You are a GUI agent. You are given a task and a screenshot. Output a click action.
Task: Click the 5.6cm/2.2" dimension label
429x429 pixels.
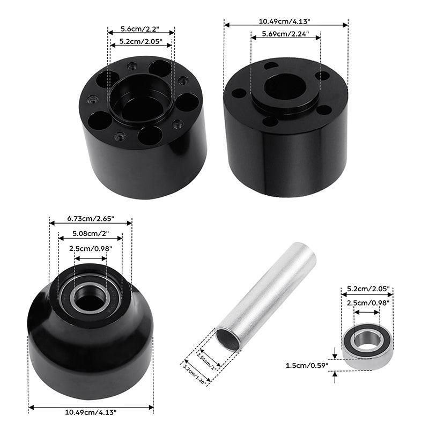[140, 29]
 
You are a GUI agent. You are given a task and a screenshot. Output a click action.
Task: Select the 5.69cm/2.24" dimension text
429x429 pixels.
[285, 34]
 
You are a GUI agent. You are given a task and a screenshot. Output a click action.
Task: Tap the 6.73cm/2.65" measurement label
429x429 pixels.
[91, 219]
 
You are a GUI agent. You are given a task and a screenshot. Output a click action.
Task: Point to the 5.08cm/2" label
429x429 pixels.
[91, 233]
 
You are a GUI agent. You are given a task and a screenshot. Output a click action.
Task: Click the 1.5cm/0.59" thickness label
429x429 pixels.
[307, 365]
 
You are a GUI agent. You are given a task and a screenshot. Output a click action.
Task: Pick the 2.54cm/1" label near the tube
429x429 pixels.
[206, 360]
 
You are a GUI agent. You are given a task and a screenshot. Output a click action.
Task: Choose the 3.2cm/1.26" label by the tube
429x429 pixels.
[195, 372]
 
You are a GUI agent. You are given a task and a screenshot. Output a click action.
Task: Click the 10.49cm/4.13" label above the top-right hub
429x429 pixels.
[285, 21]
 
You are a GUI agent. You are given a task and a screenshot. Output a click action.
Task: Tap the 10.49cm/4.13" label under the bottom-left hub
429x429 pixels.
[91, 412]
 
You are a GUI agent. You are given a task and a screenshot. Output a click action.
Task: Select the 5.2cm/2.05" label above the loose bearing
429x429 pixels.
[368, 289]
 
